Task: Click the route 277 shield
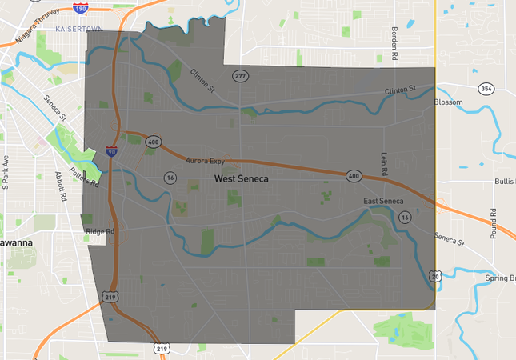(240, 76)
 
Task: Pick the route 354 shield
(486, 88)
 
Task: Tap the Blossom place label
(448, 103)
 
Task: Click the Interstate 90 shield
(111, 150)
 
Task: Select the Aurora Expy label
(206, 162)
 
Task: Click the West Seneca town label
(242, 179)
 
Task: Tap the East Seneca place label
(383, 200)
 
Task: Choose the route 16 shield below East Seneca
(406, 217)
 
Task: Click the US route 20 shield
(434, 276)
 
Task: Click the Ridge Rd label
(100, 232)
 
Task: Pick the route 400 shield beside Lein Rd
(354, 175)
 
